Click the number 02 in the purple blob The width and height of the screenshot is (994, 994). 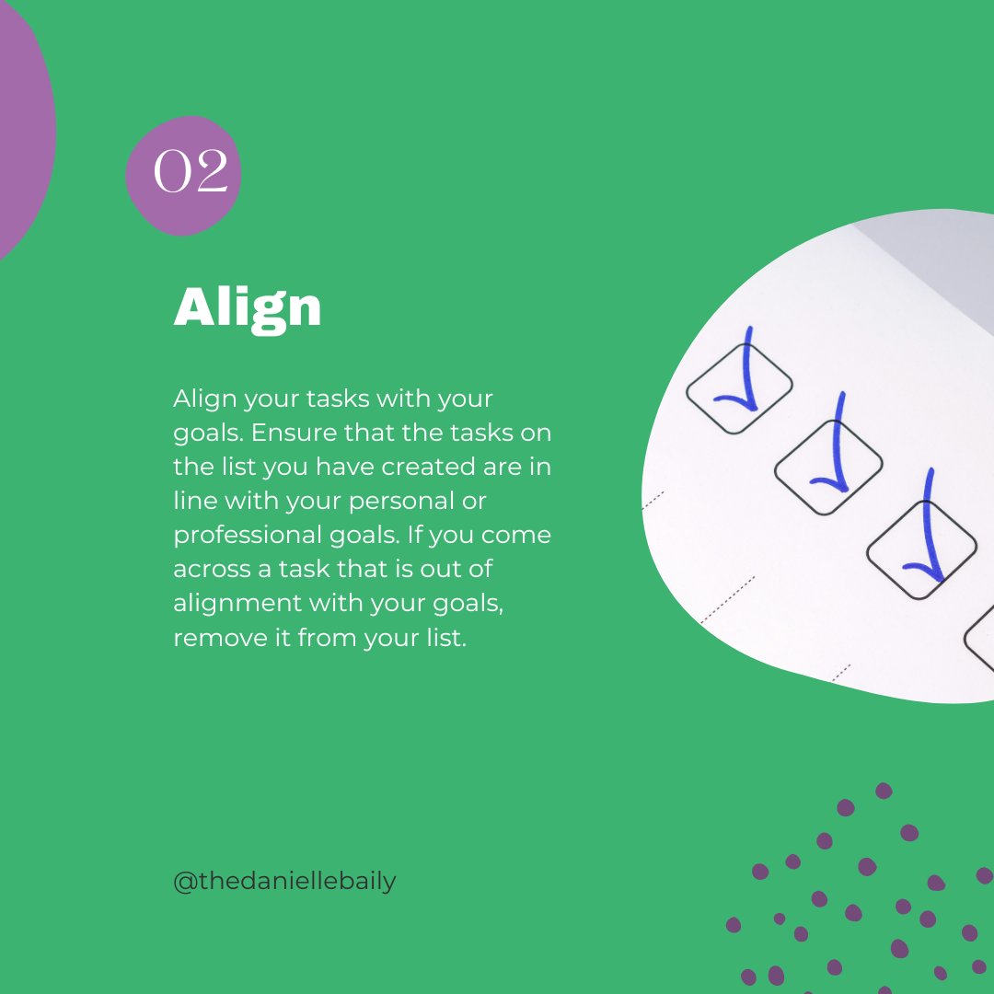tap(190, 171)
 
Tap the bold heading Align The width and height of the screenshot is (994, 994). tap(248, 307)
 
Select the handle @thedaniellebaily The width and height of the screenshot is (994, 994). tap(284, 881)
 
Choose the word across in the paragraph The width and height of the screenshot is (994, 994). tap(211, 569)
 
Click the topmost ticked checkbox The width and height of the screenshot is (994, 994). tap(739, 387)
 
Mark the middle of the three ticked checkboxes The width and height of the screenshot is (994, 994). tap(828, 467)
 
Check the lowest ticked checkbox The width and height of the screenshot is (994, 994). tap(921, 549)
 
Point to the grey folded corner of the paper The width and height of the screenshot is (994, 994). tap(930, 267)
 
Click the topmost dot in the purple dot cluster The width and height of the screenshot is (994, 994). tap(884, 790)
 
